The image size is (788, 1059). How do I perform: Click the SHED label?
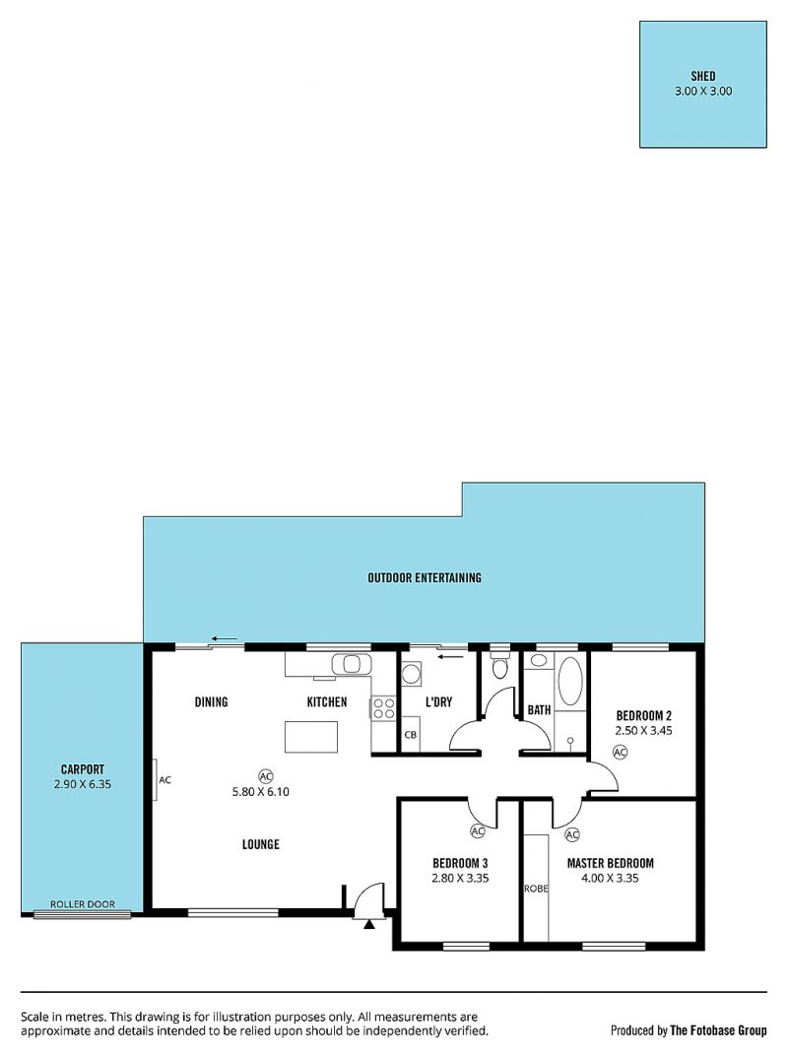click(x=703, y=76)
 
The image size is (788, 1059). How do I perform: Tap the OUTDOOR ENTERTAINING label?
click(x=425, y=578)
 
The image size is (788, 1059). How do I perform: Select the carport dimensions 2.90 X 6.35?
click(x=83, y=784)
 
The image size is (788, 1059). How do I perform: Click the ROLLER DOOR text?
click(x=83, y=903)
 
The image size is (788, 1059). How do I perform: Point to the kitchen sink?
click(x=351, y=664)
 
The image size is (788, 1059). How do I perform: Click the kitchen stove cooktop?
click(x=384, y=709)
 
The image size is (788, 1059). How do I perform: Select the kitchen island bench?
click(x=310, y=737)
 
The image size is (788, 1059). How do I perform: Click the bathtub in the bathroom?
click(x=570, y=681)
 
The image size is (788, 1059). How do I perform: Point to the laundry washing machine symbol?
click(x=411, y=674)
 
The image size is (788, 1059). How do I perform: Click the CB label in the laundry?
click(x=411, y=735)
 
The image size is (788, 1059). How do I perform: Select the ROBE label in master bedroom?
click(x=536, y=889)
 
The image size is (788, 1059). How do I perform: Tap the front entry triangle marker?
click(x=368, y=924)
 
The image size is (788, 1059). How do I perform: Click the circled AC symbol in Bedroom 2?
click(x=620, y=752)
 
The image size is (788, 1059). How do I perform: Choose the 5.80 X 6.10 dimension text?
click(x=261, y=792)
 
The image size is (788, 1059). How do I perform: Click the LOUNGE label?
click(x=261, y=844)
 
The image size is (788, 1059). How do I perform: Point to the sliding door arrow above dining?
click(x=224, y=638)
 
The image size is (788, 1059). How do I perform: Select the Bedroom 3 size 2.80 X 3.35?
click(x=461, y=878)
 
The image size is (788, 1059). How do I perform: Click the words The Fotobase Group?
click(x=718, y=1030)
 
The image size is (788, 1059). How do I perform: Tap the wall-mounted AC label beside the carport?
click(x=164, y=780)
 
